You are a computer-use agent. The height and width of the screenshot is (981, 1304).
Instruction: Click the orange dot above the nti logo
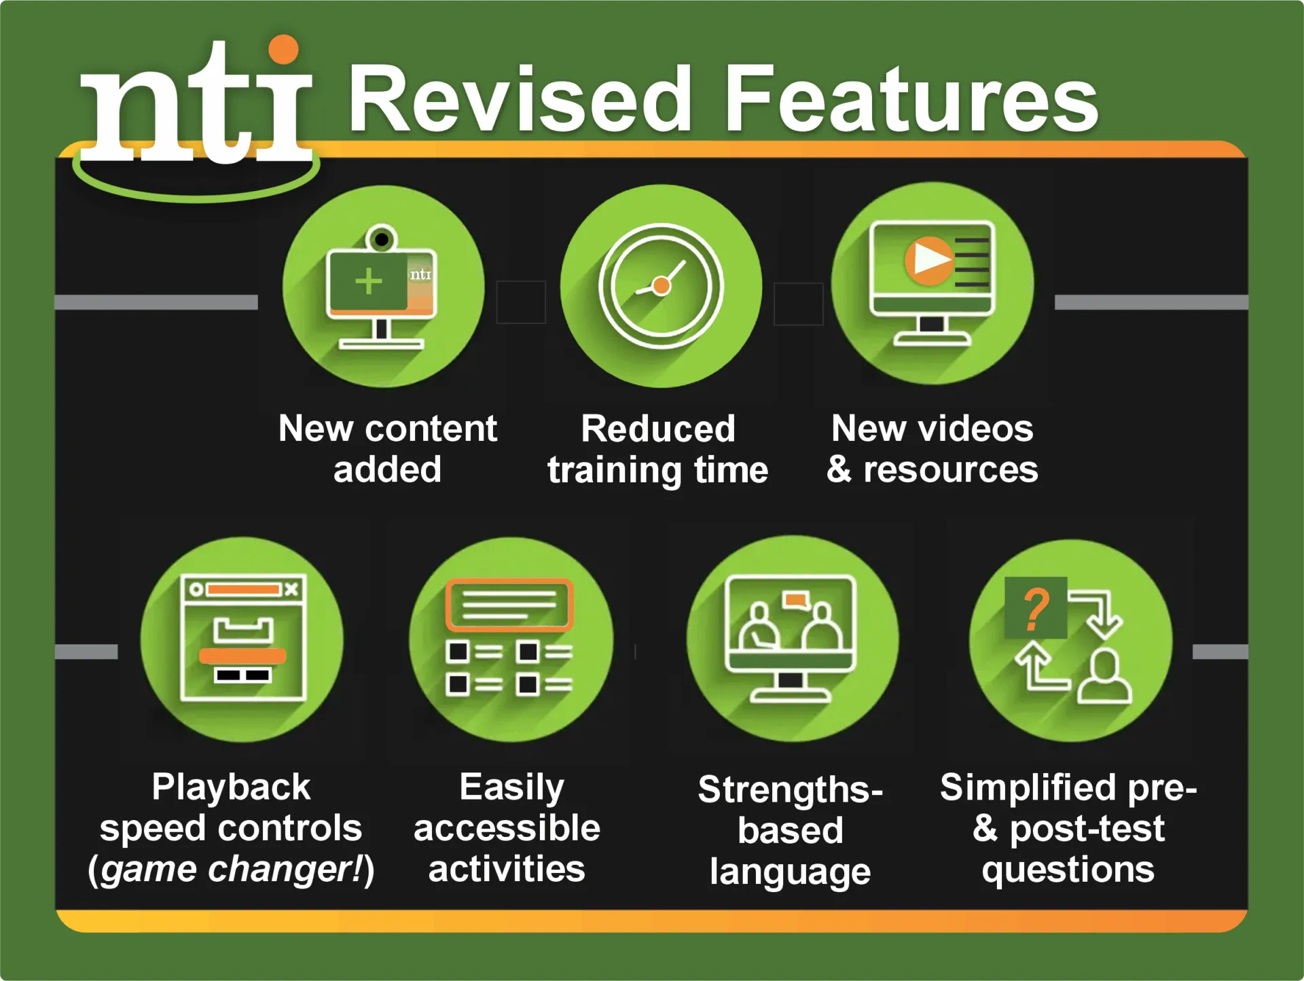[283, 50]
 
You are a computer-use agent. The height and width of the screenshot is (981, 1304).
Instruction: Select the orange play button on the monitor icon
[928, 260]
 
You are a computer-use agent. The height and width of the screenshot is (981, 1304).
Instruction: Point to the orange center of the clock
[661, 286]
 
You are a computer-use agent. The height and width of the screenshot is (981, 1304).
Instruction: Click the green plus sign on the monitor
[369, 281]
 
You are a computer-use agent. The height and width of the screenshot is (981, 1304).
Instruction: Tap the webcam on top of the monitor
[382, 239]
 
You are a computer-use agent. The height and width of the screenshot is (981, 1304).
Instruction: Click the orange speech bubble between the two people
[795, 601]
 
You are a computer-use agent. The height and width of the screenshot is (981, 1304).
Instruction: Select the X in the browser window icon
[291, 589]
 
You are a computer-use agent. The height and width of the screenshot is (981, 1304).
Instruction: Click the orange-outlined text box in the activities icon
[509, 605]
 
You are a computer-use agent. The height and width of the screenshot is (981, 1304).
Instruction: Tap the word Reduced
[658, 429]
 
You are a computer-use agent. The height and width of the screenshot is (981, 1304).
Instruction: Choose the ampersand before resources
[839, 469]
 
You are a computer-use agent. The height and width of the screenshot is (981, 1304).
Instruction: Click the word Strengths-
[790, 789]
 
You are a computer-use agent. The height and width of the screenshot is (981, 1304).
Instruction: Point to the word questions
[1068, 870]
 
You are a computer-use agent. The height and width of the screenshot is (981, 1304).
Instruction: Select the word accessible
[507, 829]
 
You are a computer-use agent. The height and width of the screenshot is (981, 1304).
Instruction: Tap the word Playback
[231, 787]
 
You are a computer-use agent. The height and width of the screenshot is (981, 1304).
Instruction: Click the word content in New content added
[431, 429]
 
